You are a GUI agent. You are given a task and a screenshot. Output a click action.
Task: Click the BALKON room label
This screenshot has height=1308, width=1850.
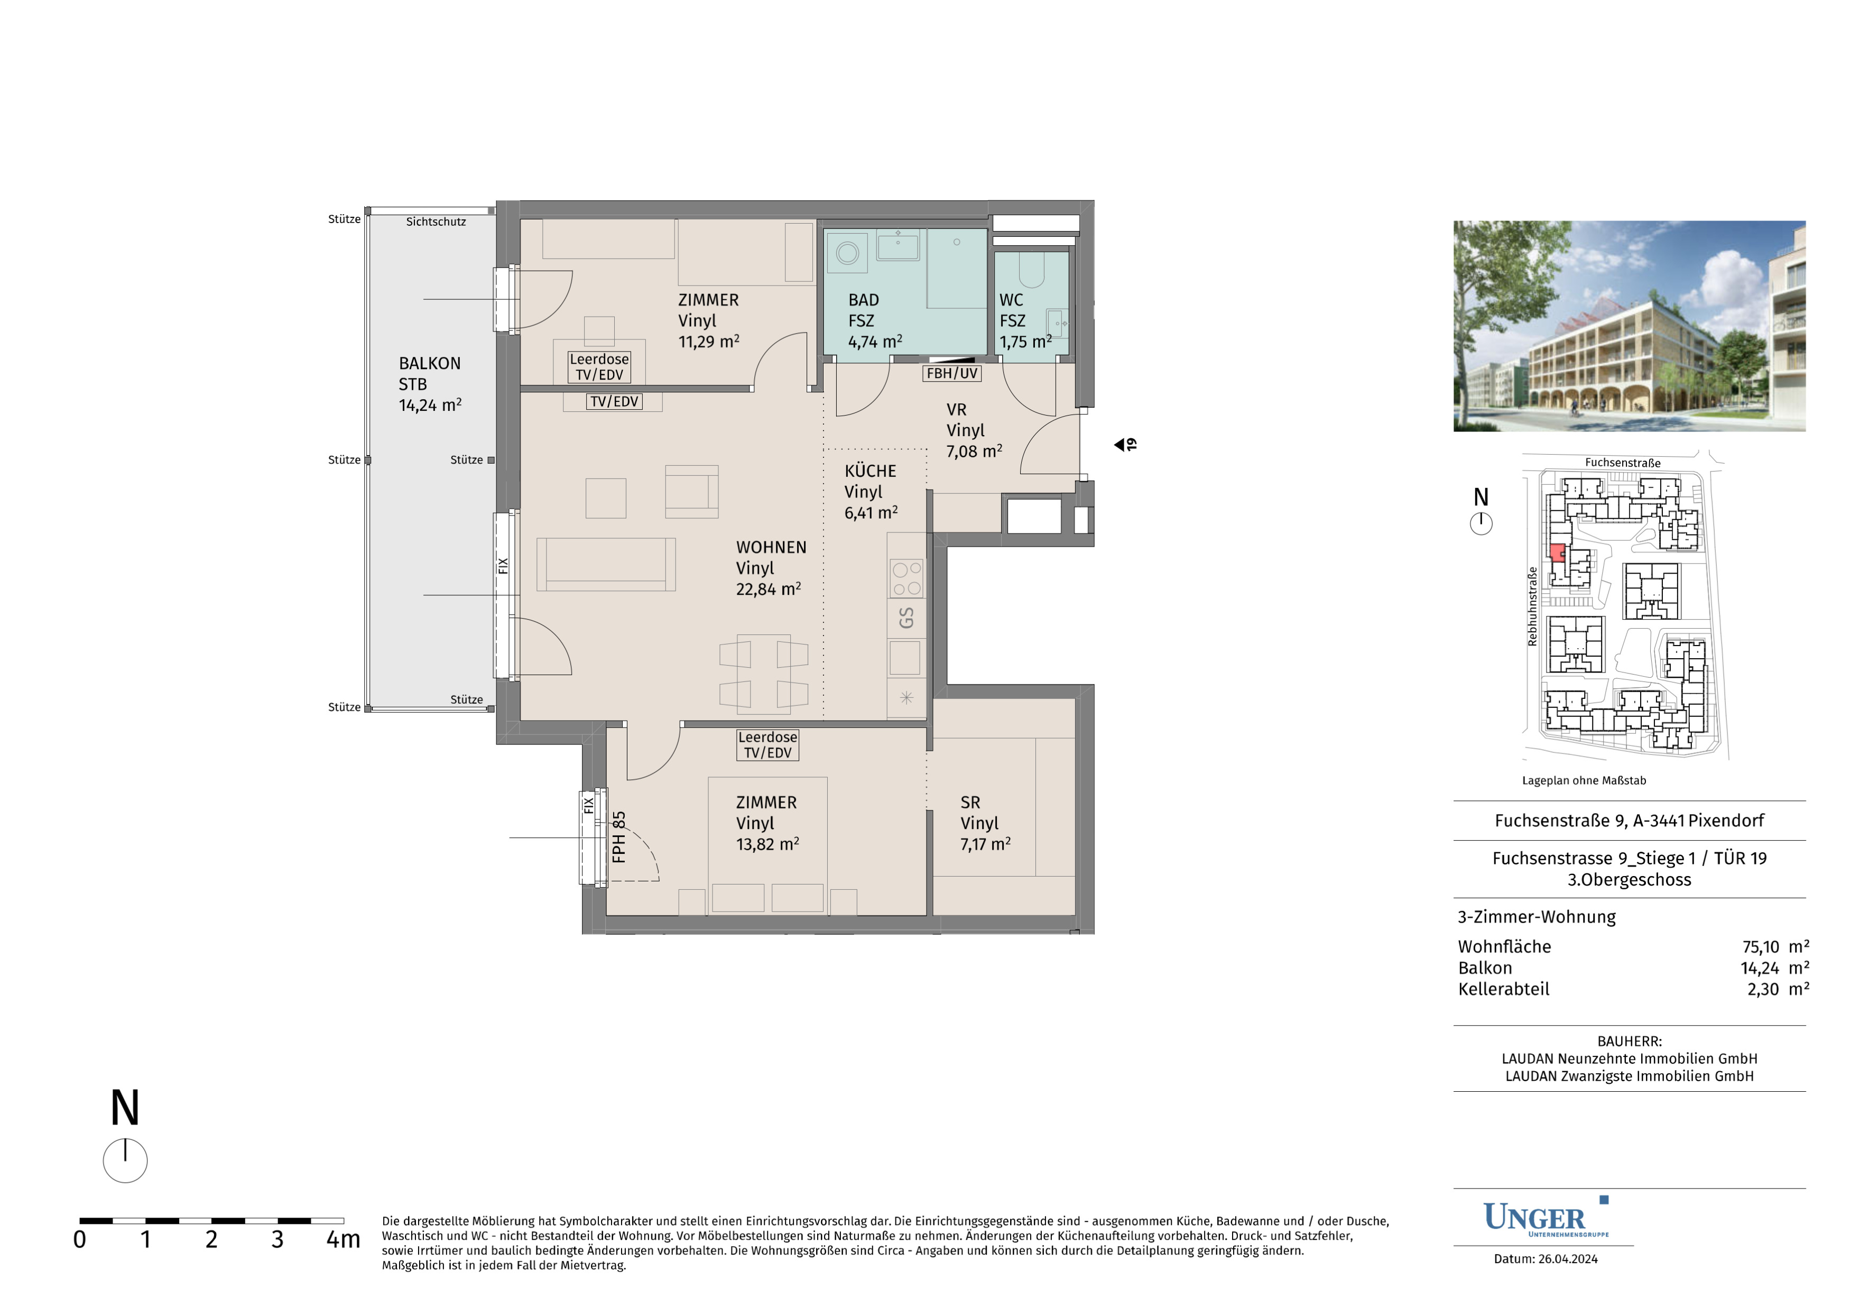[429, 363]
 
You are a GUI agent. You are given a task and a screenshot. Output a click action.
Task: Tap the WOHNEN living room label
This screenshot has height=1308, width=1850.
[771, 547]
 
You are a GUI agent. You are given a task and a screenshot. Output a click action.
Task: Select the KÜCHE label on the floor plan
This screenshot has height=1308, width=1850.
[870, 471]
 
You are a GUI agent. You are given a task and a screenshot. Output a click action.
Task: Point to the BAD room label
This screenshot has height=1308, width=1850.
[864, 300]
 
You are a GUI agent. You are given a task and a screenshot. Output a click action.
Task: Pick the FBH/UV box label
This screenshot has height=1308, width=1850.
[951, 373]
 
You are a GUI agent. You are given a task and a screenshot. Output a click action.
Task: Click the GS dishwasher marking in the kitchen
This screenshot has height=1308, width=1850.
[906, 618]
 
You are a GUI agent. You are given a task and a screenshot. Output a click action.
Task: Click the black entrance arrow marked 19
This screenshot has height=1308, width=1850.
[1119, 445]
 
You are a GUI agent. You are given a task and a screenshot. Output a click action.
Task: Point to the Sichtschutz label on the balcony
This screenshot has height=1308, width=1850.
[436, 222]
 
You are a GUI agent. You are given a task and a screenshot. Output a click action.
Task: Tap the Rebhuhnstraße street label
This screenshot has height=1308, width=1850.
[1532, 607]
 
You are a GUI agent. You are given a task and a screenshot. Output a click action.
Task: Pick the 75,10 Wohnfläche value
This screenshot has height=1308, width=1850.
[1761, 947]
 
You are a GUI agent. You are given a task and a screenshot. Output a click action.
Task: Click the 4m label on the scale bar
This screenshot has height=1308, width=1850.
[343, 1239]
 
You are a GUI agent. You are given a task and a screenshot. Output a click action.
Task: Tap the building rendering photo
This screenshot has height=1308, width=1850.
[1629, 326]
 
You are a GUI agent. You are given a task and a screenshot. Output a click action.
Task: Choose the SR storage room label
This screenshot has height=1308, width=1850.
[970, 803]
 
